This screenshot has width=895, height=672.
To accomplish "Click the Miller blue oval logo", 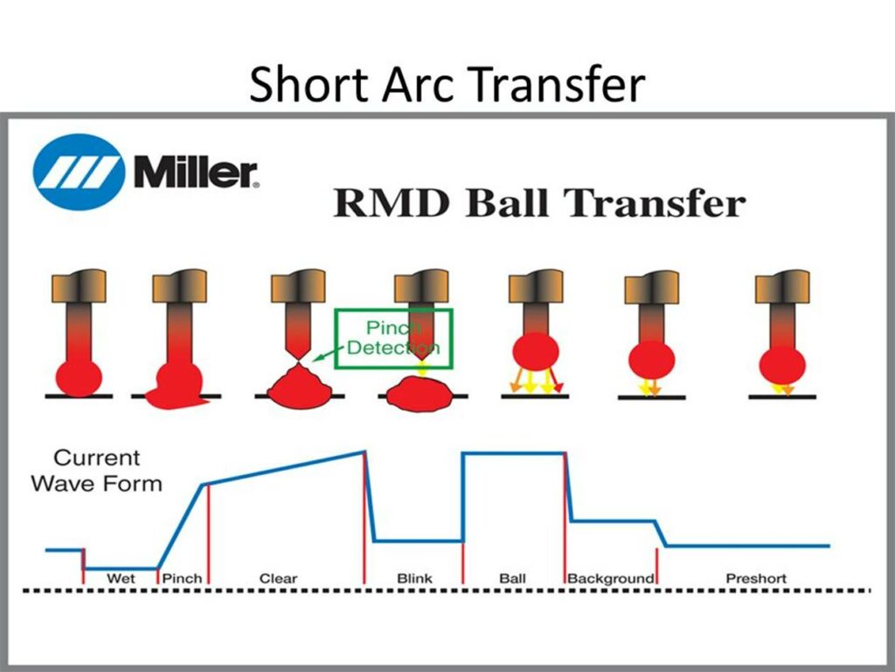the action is (78, 172).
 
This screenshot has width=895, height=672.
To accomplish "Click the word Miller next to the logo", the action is (196, 172).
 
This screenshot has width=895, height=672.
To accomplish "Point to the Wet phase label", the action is (121, 578).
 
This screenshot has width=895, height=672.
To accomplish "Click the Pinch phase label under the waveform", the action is (182, 578).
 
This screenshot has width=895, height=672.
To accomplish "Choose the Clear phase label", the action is (279, 578).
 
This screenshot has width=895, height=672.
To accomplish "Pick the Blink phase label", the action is (414, 578).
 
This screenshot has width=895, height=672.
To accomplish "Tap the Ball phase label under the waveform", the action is (512, 578).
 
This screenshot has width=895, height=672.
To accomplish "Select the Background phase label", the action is (611, 578).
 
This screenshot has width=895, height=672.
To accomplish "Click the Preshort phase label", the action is (756, 578).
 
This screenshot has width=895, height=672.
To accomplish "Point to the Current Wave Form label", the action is (96, 470).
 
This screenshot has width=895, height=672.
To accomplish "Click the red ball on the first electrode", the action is (79, 378).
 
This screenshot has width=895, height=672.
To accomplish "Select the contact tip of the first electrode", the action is (79, 287).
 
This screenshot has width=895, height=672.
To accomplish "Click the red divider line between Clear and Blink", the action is (364, 517).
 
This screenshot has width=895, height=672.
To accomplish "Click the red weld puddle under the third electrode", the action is (300, 388).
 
